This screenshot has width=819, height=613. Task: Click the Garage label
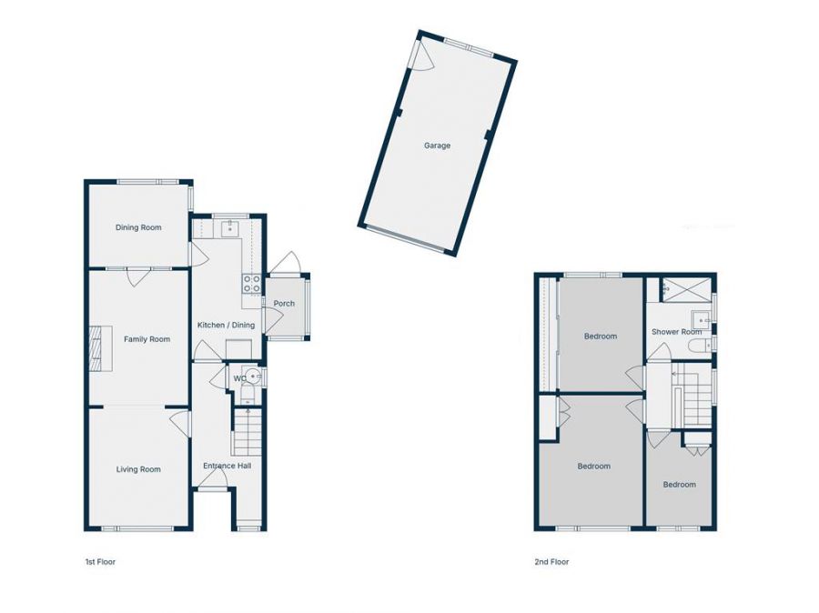coord(437,146)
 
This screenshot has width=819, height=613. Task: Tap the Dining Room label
coord(138,227)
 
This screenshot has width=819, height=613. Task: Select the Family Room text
coord(147,339)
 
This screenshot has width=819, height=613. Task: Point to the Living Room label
coord(138,469)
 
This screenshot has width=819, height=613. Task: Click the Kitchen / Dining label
coord(227,325)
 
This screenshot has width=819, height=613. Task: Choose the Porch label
coord(284,304)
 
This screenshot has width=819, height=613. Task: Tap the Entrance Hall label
coord(227,466)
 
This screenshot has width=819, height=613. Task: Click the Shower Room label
coord(676,332)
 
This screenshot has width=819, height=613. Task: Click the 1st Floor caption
coord(100,562)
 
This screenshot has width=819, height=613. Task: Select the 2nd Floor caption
coord(551,562)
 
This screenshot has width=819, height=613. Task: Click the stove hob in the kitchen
coord(250,284)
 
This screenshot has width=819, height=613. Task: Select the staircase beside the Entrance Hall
coord(247,433)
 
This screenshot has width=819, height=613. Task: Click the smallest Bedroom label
coord(679,485)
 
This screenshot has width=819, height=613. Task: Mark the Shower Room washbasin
coord(701,318)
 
